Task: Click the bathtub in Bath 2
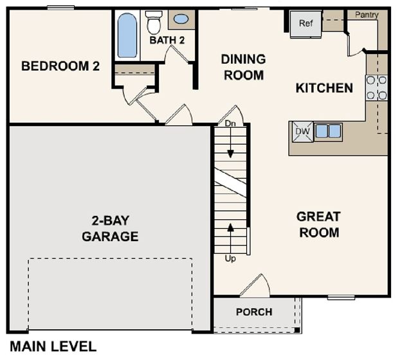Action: pos(127,35)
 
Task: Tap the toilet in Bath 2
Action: pos(154,22)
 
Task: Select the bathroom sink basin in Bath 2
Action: pos(181,19)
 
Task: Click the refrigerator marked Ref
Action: pos(306,24)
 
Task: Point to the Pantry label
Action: pos(367,15)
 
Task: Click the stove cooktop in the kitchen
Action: pos(377,88)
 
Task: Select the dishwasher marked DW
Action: pos(303,132)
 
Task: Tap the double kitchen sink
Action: pos(328,130)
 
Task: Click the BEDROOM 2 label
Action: pos(60,66)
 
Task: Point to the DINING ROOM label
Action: pos(244,67)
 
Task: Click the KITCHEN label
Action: pos(324,88)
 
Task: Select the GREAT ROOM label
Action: pos(319,224)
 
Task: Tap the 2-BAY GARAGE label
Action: pos(110,228)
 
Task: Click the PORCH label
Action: pos(254,312)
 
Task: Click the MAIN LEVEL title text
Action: pos(53,346)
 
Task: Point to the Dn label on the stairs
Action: pos(230,123)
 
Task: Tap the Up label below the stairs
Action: pos(230,258)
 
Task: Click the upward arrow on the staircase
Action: pos(230,238)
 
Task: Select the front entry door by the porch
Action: pos(255,286)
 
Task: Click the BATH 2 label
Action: pos(167,40)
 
